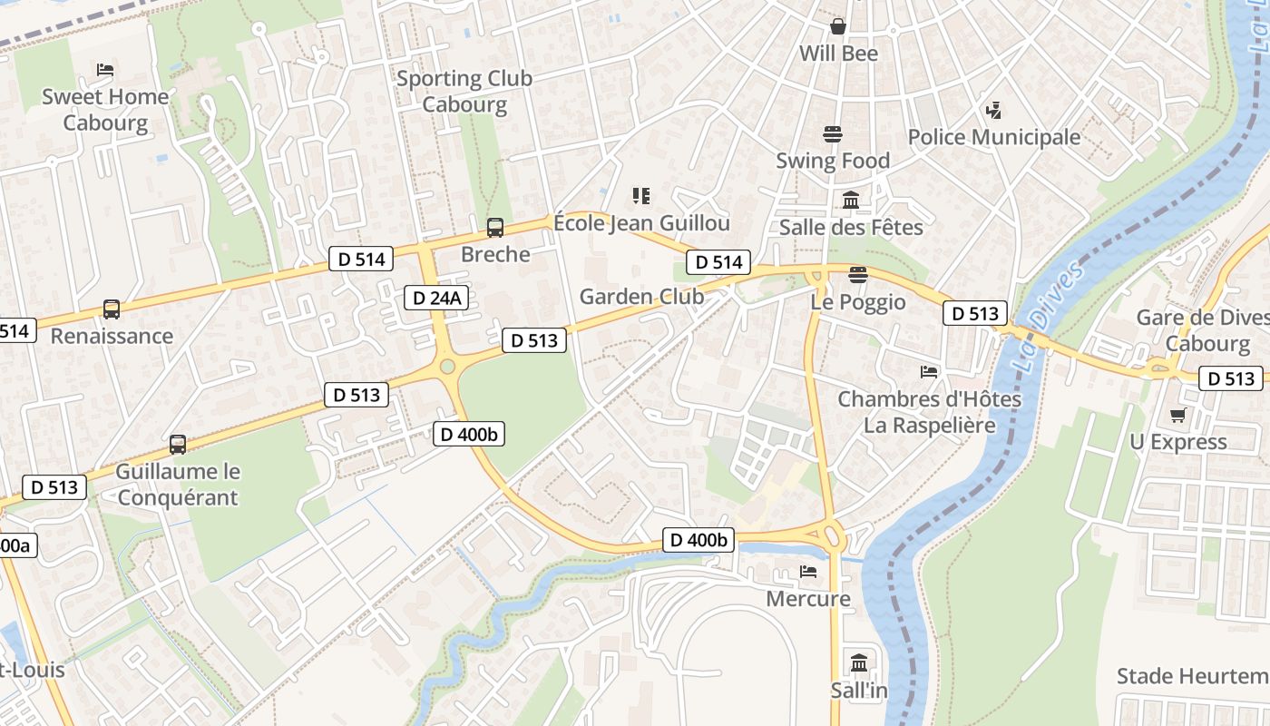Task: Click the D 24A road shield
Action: click(436, 297)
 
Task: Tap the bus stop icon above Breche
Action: click(494, 228)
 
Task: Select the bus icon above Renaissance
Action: click(111, 309)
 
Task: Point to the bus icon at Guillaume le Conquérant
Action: click(178, 445)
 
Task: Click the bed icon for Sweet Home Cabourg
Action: click(105, 70)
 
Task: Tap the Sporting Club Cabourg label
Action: click(464, 91)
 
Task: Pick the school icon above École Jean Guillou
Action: click(641, 196)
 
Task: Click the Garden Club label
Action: click(641, 296)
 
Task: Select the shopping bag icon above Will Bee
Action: click(838, 26)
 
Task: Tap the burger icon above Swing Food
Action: click(833, 134)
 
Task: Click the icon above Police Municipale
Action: click(993, 111)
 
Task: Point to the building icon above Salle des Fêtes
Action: click(851, 201)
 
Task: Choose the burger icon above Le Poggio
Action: click(858, 275)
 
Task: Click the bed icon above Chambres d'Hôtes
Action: click(929, 372)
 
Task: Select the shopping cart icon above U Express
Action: click(1177, 416)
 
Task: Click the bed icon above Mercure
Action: click(808, 572)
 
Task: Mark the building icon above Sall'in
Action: click(859, 662)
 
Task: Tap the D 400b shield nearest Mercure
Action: click(698, 540)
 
